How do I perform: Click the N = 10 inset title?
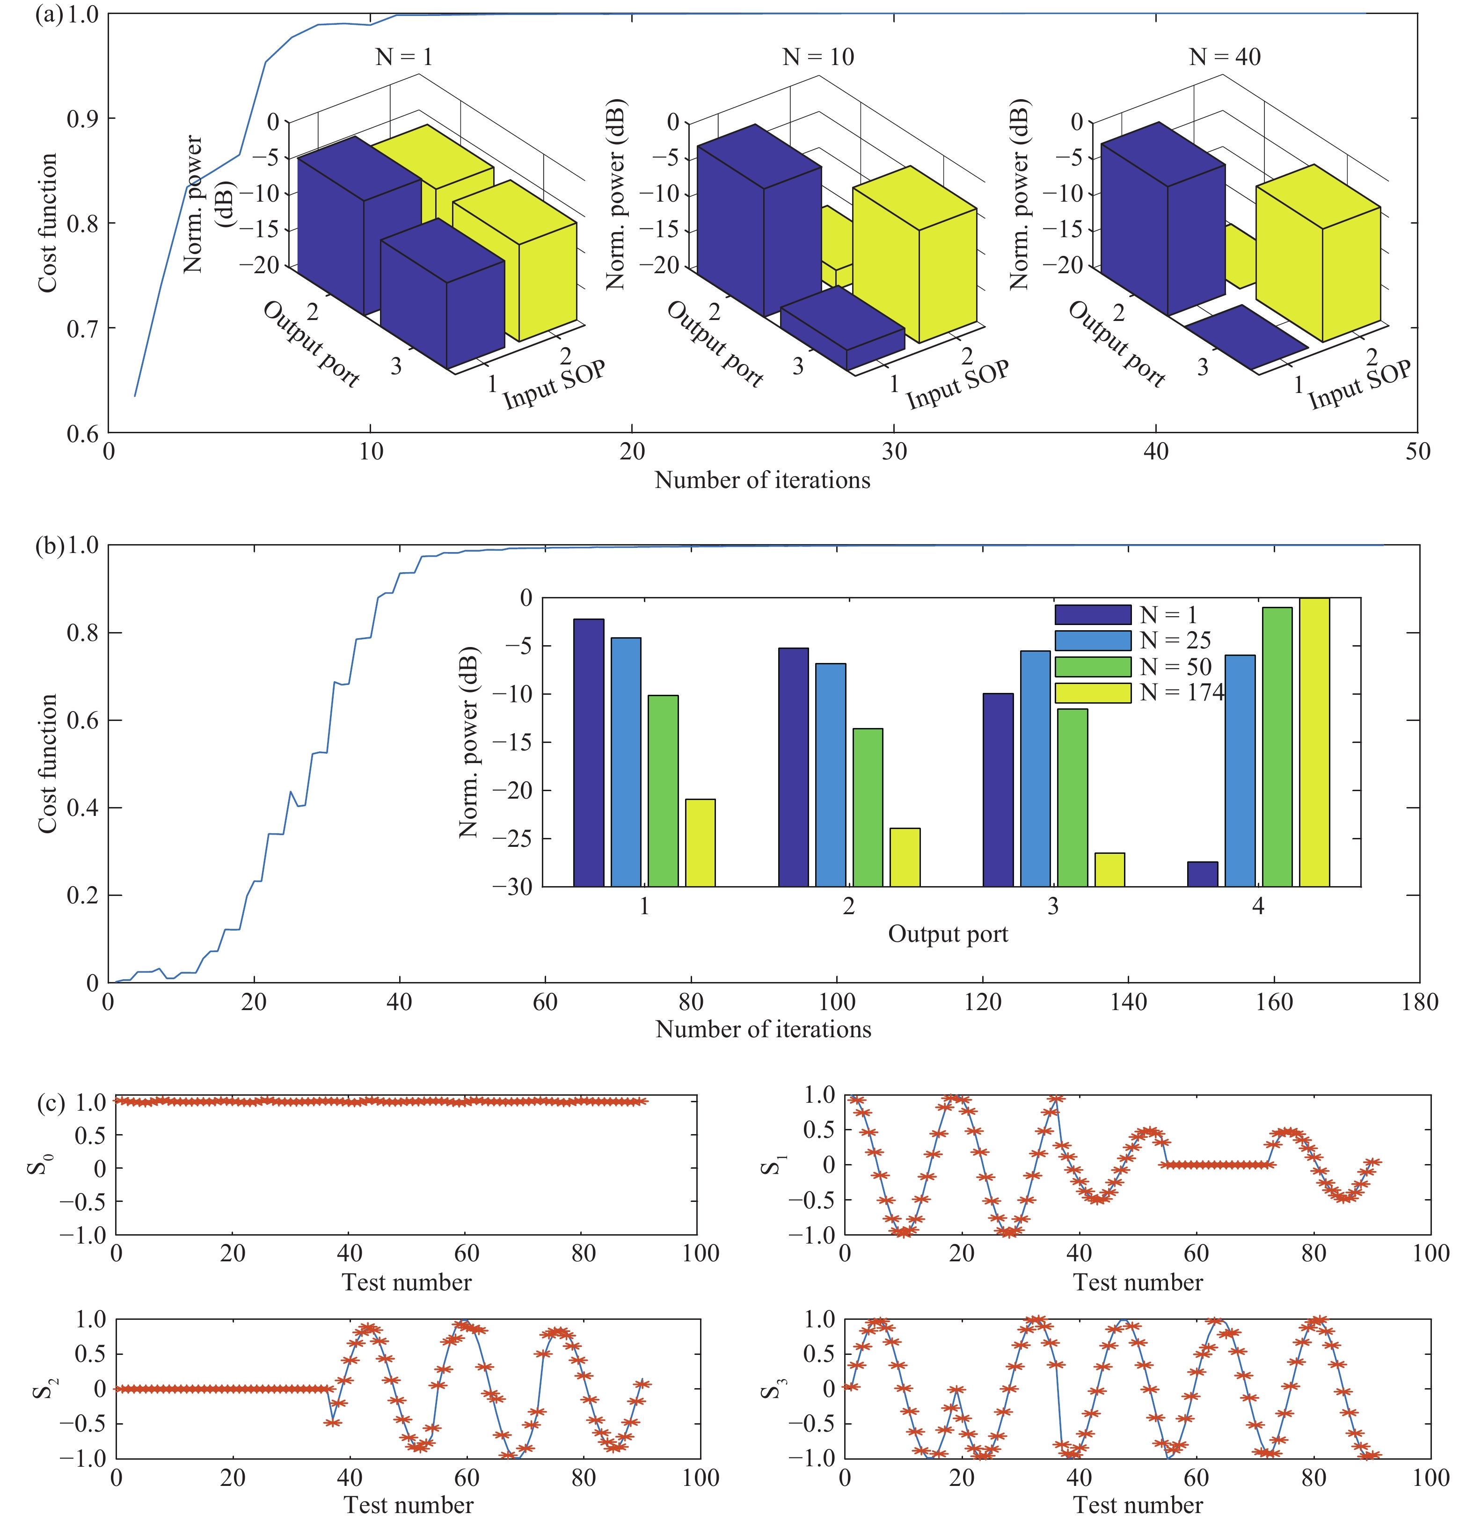[817, 57]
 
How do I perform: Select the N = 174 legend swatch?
[1092, 693]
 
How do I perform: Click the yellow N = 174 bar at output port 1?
[700, 843]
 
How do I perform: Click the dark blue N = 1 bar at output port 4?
[1202, 874]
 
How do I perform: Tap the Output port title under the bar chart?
[948, 934]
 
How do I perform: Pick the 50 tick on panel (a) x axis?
[1417, 451]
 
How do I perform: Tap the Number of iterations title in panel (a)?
[762, 480]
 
